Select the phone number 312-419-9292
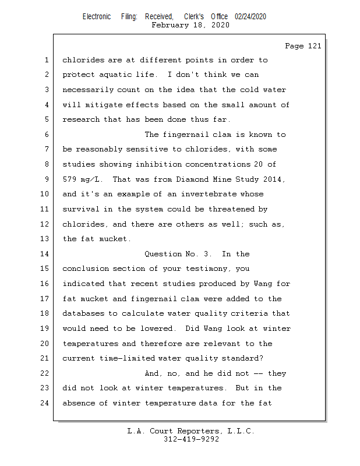click(191, 440)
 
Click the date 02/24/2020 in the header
click(250, 17)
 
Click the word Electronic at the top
click(97, 17)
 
